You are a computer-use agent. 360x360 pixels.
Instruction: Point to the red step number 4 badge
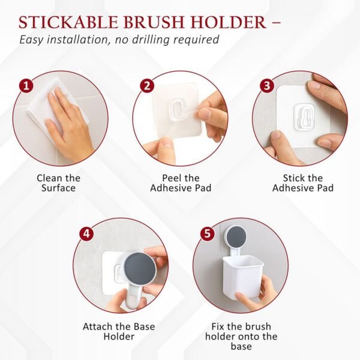[x=87, y=233]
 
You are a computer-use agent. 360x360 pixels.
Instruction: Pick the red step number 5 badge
[x=208, y=233]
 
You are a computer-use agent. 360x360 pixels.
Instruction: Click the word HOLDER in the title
[x=229, y=22]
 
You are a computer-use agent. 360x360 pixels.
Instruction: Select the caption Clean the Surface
[x=58, y=183]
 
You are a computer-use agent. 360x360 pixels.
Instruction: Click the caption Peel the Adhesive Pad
[x=180, y=183]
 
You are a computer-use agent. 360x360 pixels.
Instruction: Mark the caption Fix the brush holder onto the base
[x=240, y=336]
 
